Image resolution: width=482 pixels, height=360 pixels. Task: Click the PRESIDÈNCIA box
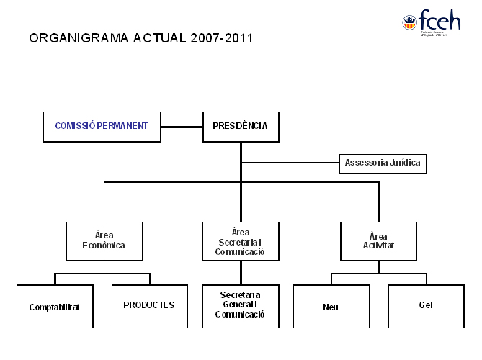(x=241, y=126)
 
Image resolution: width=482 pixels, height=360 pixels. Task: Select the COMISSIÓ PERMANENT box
(x=102, y=126)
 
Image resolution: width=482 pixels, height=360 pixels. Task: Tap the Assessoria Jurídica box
(x=382, y=163)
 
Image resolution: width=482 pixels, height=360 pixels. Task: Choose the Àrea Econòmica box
(x=104, y=240)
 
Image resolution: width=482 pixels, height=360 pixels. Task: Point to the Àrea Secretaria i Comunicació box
(x=241, y=241)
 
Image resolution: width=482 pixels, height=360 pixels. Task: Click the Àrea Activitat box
(x=378, y=240)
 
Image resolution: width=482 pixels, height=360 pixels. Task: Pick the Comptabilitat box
(x=55, y=307)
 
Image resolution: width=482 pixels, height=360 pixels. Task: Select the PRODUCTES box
(x=149, y=305)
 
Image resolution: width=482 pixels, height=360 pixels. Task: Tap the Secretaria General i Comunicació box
(x=241, y=305)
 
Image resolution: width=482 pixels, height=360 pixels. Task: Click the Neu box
(x=331, y=307)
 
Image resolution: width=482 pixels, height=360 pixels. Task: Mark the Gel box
(x=426, y=305)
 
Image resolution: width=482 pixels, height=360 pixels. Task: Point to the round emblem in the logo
(x=409, y=23)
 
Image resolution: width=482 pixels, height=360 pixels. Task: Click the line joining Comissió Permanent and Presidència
(x=182, y=127)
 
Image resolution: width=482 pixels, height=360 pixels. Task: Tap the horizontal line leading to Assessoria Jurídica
(x=290, y=163)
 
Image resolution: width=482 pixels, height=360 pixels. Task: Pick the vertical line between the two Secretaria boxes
(x=241, y=272)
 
